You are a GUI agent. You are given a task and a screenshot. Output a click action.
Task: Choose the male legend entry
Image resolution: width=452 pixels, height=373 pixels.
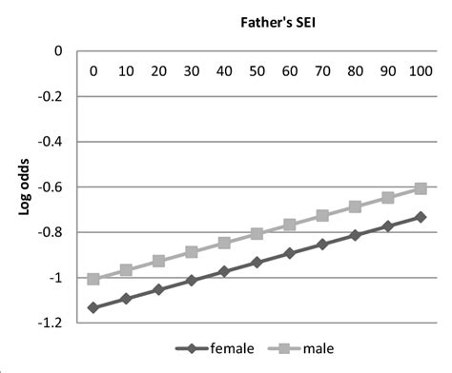303,348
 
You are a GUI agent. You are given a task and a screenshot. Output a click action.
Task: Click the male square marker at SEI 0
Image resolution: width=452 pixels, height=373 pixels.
93,279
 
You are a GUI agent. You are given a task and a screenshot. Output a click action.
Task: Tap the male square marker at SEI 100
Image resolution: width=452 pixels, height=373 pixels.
420,188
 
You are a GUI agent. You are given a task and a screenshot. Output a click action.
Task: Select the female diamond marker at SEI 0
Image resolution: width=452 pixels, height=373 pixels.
93,307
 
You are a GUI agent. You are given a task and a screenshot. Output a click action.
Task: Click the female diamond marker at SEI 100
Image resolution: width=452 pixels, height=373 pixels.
420,217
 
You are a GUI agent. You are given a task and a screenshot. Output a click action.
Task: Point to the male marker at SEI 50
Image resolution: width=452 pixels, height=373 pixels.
257,233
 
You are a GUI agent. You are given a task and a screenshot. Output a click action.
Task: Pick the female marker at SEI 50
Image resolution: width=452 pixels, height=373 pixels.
257,262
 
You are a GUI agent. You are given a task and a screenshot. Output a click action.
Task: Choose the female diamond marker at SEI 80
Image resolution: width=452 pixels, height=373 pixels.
355,235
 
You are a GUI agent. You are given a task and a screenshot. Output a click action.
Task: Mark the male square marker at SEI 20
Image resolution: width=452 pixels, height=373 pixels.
158,261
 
